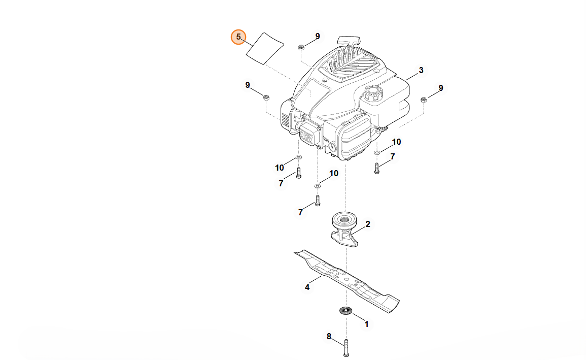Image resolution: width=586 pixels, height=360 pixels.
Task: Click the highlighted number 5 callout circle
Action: point(238,37)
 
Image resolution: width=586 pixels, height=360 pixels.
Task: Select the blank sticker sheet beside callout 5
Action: point(265,48)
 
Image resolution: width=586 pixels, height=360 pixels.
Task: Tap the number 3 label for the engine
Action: point(421,70)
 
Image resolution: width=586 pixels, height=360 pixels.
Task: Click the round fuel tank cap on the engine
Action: point(372,94)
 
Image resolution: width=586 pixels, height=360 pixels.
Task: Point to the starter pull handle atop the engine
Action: point(349,40)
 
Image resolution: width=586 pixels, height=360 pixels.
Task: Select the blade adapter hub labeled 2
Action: point(344,229)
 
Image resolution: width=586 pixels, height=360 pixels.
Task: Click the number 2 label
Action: point(368,224)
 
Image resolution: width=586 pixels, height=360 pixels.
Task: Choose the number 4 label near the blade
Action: point(307,287)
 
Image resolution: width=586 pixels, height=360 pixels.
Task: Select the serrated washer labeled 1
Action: point(346,310)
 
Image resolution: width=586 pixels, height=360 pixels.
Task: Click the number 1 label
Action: point(367,323)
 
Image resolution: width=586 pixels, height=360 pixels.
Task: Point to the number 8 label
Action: point(329,336)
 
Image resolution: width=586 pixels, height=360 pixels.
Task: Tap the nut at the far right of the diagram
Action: point(424,100)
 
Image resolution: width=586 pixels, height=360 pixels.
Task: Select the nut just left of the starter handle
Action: point(301,47)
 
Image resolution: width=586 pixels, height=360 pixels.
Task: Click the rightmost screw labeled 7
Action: point(376,168)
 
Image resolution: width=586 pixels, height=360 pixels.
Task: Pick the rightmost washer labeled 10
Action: point(377,152)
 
